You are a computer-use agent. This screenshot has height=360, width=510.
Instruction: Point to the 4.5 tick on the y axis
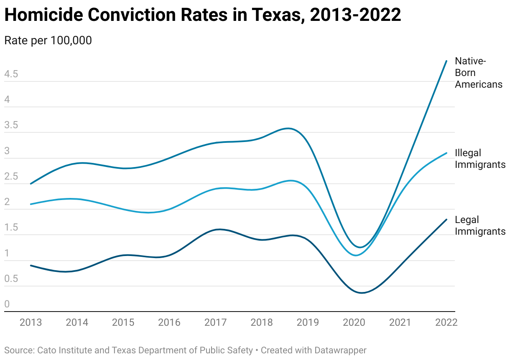(x=11, y=74)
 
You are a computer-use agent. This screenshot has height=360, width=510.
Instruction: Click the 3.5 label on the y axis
(x=11, y=126)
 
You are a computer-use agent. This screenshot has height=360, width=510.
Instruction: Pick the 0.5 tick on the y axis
(x=11, y=279)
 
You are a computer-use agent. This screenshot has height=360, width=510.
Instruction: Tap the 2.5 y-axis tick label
(x=11, y=177)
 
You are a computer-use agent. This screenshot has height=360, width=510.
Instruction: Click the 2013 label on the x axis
(x=31, y=322)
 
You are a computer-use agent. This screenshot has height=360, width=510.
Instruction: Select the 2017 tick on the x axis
(x=216, y=322)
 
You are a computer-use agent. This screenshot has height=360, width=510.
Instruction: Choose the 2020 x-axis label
(x=354, y=322)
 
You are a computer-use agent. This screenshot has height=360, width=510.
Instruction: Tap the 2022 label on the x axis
(x=446, y=322)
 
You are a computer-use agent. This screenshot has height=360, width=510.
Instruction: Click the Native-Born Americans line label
(x=478, y=73)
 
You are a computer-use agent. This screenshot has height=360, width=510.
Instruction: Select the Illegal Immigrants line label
(x=480, y=159)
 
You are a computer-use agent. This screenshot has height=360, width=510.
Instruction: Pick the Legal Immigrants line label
(x=480, y=226)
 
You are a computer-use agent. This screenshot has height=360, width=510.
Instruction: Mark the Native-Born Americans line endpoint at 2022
(x=446, y=61)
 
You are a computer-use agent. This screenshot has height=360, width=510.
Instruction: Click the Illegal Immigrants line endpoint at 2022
(x=446, y=153)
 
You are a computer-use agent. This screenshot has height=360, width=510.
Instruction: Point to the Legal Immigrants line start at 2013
(x=31, y=266)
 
